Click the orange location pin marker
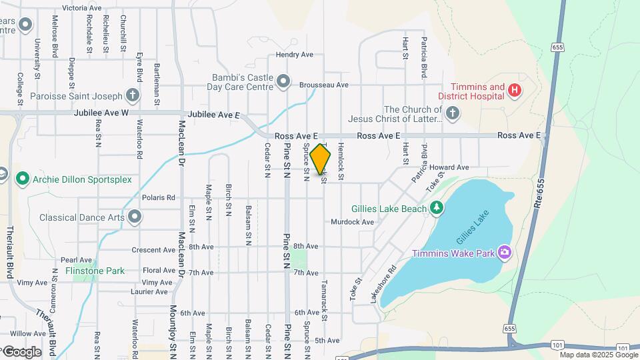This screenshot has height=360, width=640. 321,159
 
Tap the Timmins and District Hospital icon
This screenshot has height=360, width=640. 514,90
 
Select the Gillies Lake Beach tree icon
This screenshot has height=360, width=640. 437,209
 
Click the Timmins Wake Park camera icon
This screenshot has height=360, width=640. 505,253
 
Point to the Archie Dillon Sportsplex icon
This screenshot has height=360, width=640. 23,179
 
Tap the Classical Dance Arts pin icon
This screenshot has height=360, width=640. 135,217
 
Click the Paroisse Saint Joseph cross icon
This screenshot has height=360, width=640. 133,95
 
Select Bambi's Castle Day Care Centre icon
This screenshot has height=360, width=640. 283,82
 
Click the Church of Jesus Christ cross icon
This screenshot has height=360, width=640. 453,113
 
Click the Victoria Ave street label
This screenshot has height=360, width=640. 81,8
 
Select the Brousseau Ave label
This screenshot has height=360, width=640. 324,85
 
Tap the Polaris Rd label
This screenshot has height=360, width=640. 158,198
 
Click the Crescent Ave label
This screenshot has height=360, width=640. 153,250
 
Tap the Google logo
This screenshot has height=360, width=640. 22,351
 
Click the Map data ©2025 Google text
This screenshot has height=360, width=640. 597,355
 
